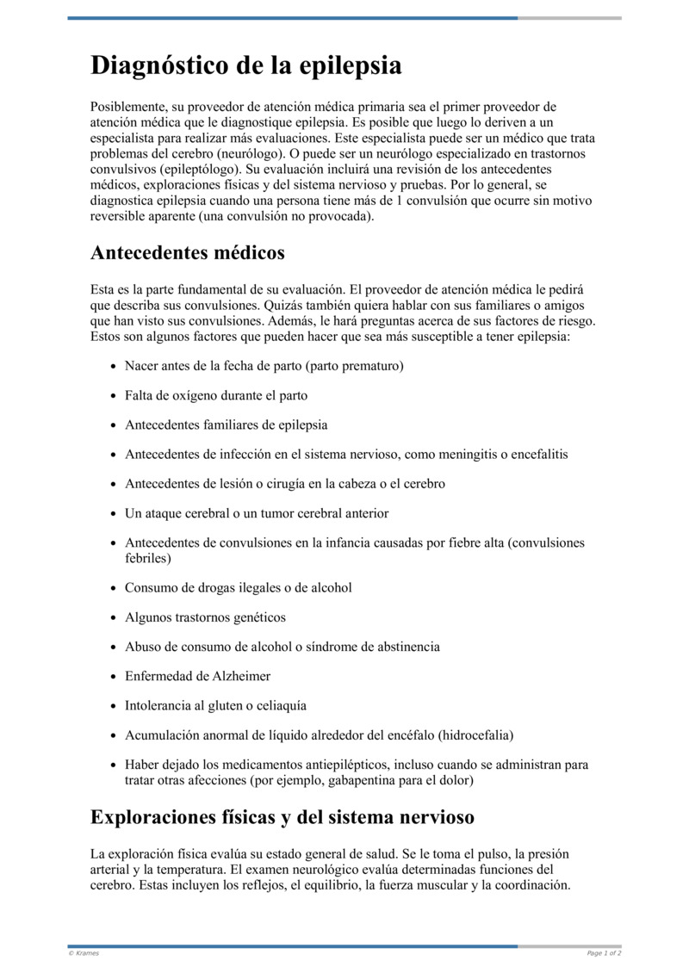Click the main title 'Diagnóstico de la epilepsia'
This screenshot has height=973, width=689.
click(245, 66)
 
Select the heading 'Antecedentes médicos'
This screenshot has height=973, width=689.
click(187, 253)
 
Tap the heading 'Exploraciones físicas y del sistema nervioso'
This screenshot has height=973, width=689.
click(282, 816)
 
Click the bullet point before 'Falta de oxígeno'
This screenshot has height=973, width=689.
click(114, 396)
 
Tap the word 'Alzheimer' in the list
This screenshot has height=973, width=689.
click(235, 677)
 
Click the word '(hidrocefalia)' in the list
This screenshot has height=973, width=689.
click(475, 735)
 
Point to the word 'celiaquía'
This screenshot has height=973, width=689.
click(280, 706)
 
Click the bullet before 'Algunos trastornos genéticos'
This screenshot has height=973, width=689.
click(114, 618)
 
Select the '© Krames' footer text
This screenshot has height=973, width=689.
click(84, 953)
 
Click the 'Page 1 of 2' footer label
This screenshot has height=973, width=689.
click(604, 953)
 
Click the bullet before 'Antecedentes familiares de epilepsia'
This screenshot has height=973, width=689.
click(114, 425)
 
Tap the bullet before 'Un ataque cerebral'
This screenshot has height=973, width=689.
click(114, 513)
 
